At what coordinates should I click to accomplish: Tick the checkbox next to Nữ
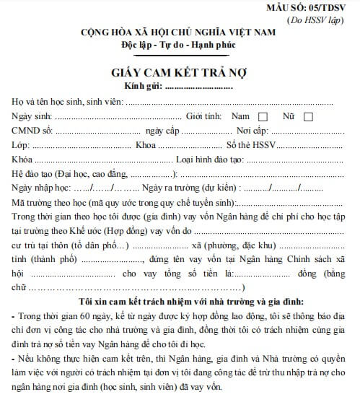pos(308,116)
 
